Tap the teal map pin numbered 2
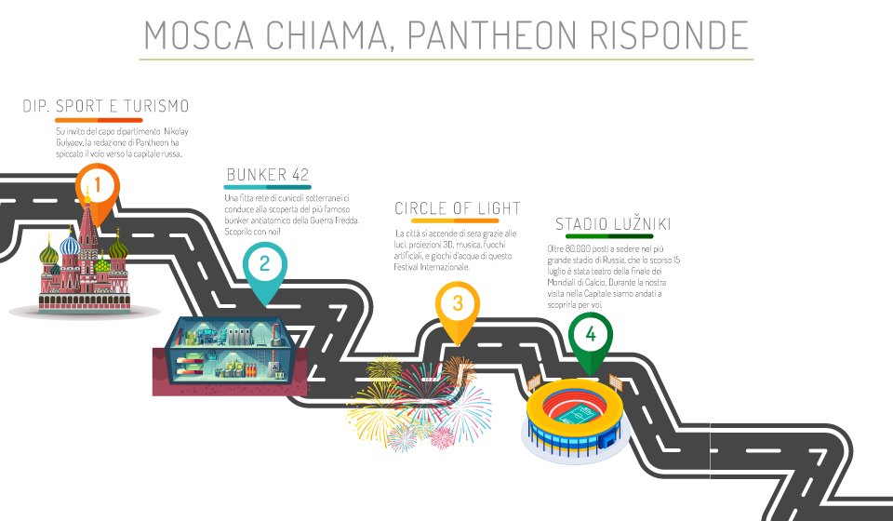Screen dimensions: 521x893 click(264, 264)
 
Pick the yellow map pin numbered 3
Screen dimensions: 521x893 click(458, 304)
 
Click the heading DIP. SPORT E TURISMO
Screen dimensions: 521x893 click(106, 106)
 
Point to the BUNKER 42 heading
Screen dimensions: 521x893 click(268, 175)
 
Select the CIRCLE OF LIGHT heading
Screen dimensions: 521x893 click(458, 208)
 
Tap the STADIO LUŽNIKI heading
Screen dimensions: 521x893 click(614, 224)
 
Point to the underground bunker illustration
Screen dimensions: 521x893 click(229, 358)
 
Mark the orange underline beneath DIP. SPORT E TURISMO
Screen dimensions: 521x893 click(99, 120)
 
